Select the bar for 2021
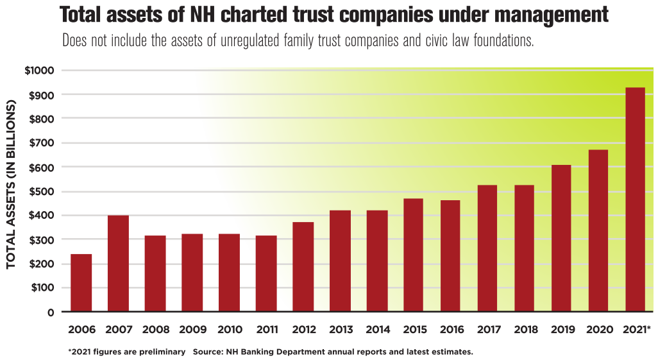636,200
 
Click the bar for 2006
81,283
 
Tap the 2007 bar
118,264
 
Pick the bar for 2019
561,238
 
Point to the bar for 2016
450,256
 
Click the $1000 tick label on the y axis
39,71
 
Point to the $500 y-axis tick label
41,191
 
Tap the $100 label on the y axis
42,287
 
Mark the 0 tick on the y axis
50,312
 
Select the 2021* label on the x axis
636,330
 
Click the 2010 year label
229,330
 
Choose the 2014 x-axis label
377,330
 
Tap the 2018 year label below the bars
525,330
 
